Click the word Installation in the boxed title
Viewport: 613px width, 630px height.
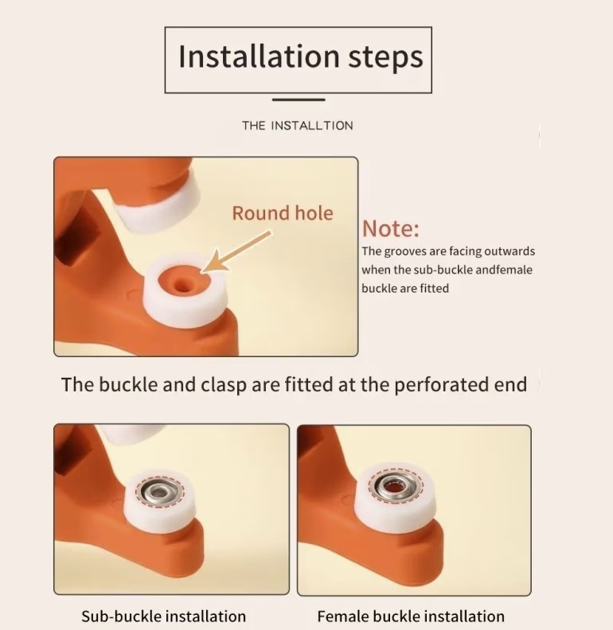[x=259, y=56]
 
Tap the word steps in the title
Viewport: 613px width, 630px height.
[x=385, y=57]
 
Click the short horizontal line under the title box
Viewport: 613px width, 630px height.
[x=299, y=99]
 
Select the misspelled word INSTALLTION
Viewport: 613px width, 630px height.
[x=312, y=126]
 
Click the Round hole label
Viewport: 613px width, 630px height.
[x=283, y=213]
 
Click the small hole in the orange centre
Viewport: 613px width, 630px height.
[x=182, y=286]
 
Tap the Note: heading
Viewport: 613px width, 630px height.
[x=391, y=228]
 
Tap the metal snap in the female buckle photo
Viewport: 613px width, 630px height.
[x=396, y=488]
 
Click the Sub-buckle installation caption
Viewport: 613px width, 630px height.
[x=164, y=616]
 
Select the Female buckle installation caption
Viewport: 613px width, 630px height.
[x=411, y=616]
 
